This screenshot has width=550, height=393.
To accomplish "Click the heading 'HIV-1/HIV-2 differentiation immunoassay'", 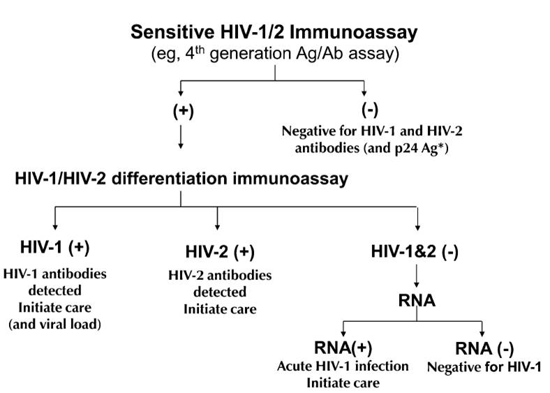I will [x=181, y=179].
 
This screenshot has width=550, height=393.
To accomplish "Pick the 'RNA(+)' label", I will [x=341, y=350].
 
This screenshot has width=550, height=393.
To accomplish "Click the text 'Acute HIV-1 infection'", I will [x=343, y=367].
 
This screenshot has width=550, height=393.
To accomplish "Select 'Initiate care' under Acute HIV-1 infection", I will [x=342, y=383].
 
